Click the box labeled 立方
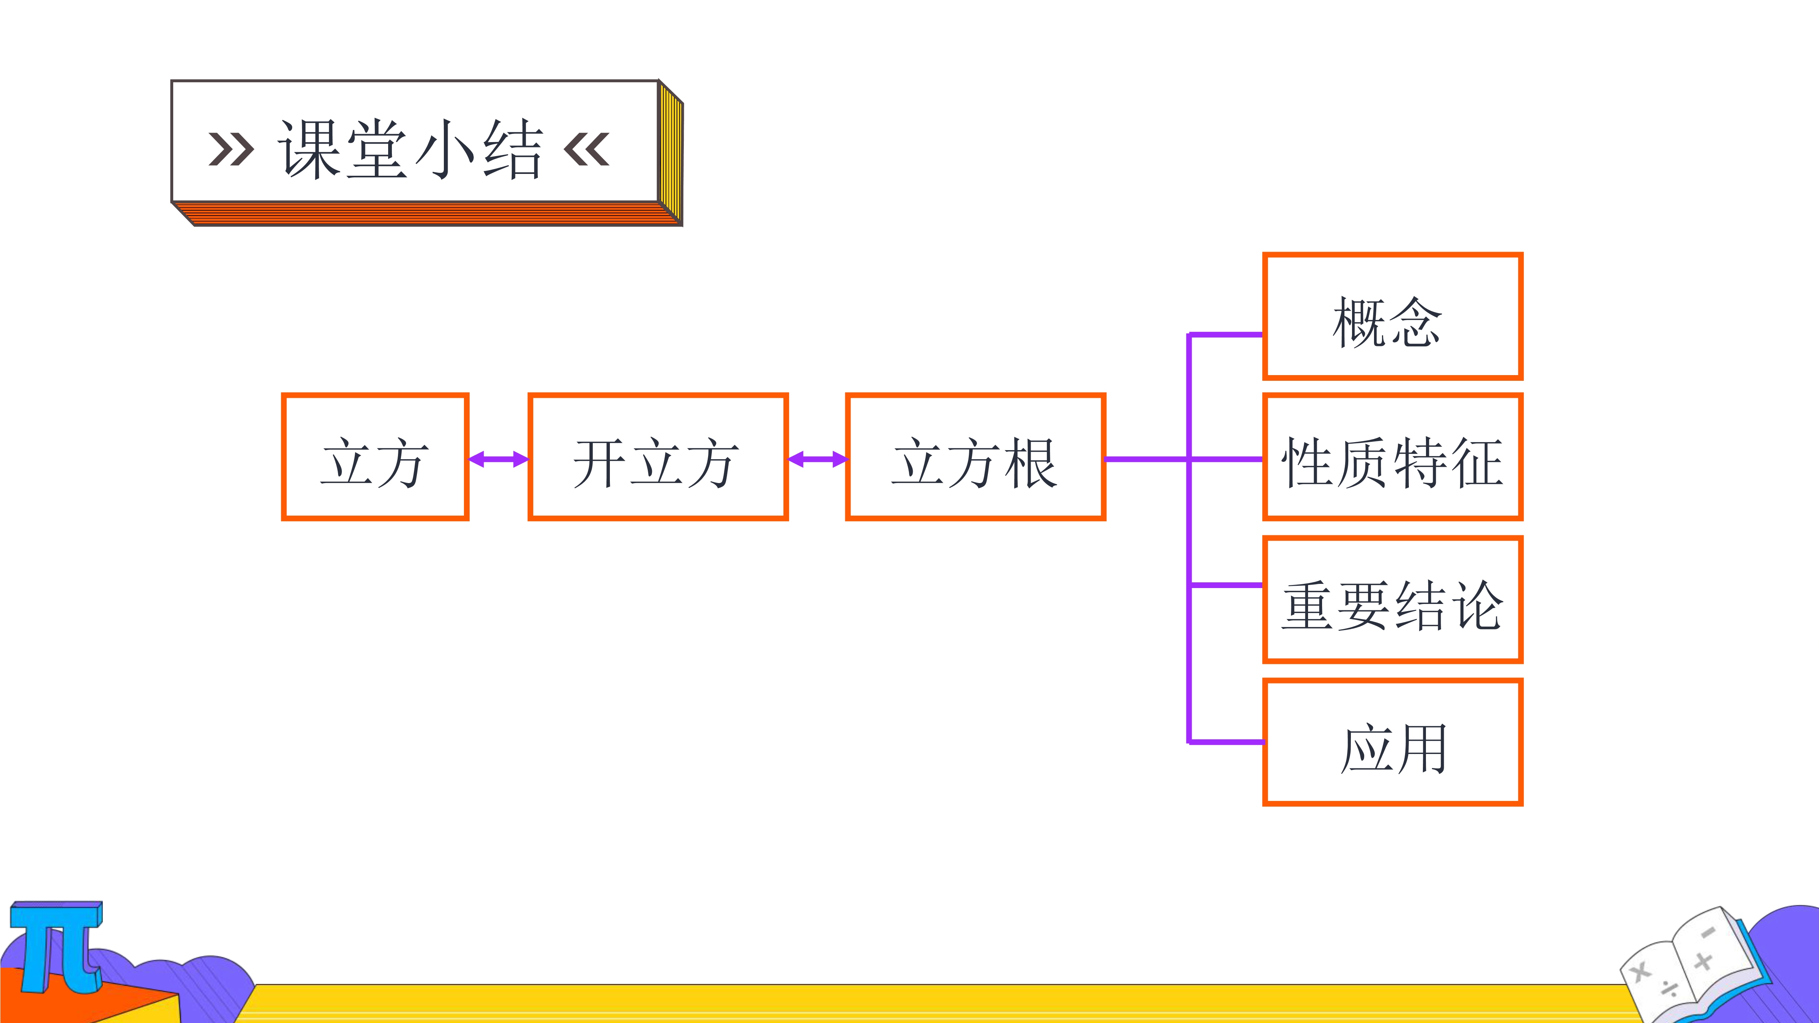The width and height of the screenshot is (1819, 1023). [375, 457]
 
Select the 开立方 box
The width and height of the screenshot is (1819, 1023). [658, 457]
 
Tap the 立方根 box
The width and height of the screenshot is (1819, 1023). [975, 457]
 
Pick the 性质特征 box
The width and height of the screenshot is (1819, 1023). [1393, 457]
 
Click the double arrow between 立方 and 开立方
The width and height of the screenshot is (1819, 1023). [498, 460]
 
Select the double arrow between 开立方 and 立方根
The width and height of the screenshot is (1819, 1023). [817, 460]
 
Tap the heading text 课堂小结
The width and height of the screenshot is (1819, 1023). [410, 149]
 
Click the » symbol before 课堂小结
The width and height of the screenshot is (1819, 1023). [231, 149]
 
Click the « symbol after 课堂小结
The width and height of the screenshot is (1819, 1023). [587, 149]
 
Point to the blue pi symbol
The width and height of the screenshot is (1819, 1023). [56, 946]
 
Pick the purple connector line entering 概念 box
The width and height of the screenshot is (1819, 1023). [1226, 335]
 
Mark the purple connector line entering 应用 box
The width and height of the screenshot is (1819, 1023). [1226, 741]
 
